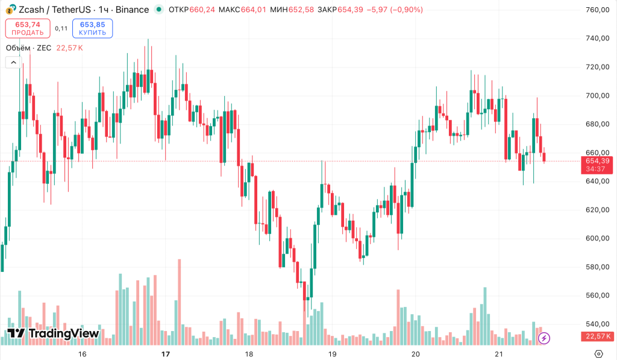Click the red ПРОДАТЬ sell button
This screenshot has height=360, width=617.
point(28,28)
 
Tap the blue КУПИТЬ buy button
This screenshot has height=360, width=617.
point(92,28)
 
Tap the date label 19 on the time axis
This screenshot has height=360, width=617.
point(331,353)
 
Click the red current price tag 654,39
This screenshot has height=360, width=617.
point(597,160)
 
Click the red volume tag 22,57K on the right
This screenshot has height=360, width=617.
point(597,336)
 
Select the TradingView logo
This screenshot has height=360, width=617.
point(53,333)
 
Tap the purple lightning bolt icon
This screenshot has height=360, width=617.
point(544,338)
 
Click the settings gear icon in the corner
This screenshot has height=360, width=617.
point(598,353)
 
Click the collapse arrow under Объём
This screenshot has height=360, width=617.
point(13,62)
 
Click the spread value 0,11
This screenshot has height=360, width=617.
point(61,28)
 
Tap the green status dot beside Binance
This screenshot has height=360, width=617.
point(158,10)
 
